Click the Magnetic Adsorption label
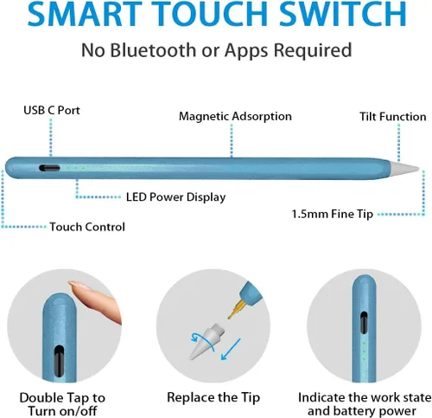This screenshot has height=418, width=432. [235, 116]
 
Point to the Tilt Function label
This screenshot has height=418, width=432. [392, 116]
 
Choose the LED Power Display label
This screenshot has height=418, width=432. [175, 196]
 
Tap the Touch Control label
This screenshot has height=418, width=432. [86, 227]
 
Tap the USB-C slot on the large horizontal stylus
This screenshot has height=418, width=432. [51, 170]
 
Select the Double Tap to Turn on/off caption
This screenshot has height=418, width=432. [63, 405]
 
